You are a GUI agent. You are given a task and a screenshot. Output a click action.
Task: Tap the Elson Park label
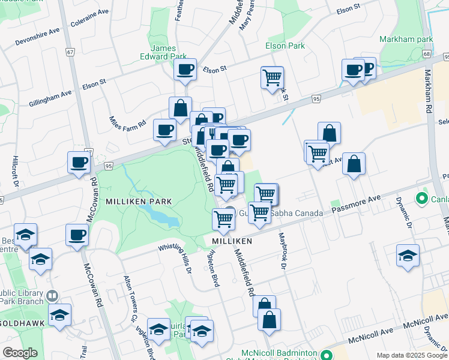pyautogui.click(x=285, y=46)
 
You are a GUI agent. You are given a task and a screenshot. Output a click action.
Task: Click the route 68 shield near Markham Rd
pyautogui.click(x=426, y=54)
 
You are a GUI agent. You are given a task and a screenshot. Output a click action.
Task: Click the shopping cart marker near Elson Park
pyautogui.click(x=272, y=77)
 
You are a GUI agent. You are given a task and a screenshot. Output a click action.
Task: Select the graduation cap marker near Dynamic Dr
pyautogui.click(x=408, y=256)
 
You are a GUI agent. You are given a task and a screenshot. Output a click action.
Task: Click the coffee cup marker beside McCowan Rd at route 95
pyautogui.click(x=79, y=162)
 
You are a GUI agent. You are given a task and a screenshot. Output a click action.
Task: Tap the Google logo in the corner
pyautogui.click(x=20, y=353)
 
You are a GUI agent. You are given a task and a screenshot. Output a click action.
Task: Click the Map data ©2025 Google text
pyautogui.click(x=411, y=355)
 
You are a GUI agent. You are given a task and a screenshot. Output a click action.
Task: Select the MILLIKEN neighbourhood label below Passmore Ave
pyautogui.click(x=230, y=241)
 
